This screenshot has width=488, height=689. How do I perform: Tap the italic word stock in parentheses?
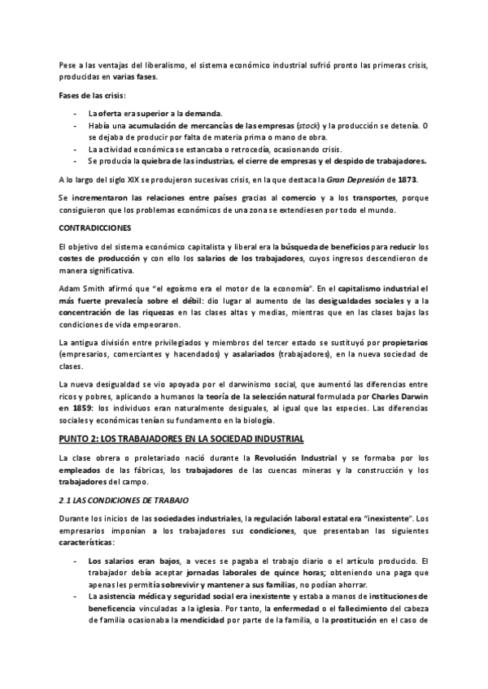(x=308, y=125)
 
